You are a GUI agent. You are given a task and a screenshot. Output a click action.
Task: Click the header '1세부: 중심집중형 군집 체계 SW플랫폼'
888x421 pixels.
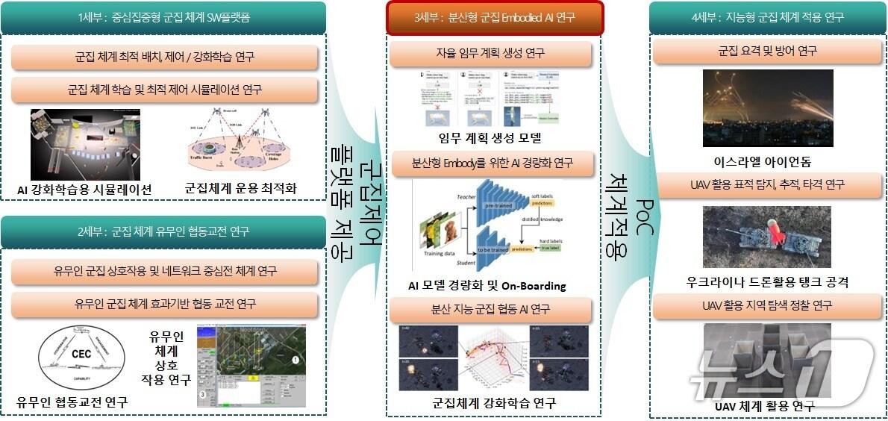click(163, 17)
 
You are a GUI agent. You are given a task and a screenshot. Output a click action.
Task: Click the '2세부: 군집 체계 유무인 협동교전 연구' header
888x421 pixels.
click(163, 232)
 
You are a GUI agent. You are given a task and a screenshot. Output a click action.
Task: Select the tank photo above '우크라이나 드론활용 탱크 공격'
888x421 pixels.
click(768, 237)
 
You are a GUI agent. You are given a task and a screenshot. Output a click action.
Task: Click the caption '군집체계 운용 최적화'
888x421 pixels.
click(240, 189)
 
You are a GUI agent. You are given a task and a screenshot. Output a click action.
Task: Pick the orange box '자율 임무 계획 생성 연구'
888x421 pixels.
click(490, 53)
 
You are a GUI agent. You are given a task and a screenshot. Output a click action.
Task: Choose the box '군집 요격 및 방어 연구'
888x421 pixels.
click(767, 52)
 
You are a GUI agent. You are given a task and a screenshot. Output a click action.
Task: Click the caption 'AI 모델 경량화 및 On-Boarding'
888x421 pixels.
click(487, 286)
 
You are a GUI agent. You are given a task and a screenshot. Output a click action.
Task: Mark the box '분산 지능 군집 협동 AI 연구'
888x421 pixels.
click(490, 308)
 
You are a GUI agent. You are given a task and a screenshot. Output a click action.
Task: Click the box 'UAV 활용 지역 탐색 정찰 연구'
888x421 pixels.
click(767, 305)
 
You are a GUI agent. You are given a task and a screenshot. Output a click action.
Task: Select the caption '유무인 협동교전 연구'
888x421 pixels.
click(72, 402)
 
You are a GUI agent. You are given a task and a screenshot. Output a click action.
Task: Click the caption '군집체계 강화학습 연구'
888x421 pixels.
click(494, 403)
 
